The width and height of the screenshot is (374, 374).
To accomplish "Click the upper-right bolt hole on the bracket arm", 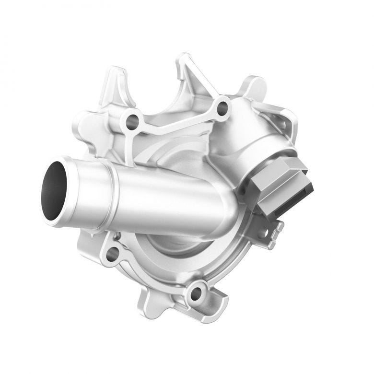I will pyautogui.click(x=222, y=109).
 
